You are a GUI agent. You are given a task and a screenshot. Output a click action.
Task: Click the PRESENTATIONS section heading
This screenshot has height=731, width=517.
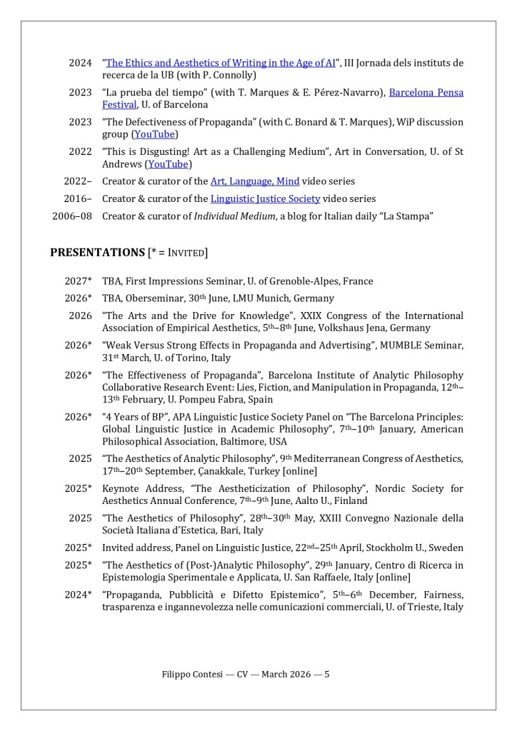click(97, 252)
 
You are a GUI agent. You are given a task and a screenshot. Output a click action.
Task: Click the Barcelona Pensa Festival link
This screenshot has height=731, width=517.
click(426, 92)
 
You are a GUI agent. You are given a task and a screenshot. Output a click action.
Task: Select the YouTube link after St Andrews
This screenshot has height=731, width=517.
click(169, 164)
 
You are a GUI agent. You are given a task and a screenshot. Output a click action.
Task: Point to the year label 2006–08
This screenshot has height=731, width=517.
click(72, 216)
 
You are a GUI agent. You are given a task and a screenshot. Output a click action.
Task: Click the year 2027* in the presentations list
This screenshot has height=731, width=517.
click(78, 281)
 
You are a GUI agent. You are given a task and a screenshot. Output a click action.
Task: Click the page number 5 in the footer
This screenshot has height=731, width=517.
click(326, 674)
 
